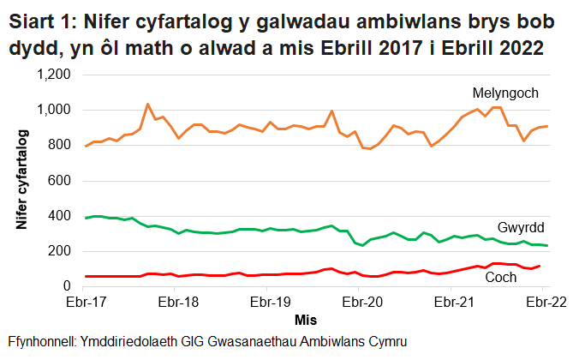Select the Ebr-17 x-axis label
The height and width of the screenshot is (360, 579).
pos(86,302)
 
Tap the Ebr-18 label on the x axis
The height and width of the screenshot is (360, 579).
pos(177,302)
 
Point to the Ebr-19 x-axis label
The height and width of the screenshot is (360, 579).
pos(268,302)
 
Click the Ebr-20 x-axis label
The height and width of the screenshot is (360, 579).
pos(360,302)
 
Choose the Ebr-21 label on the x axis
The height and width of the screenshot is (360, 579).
pos(451,302)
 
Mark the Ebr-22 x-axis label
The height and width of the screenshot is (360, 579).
pos(542,302)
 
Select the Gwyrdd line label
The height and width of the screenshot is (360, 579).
pos(522,228)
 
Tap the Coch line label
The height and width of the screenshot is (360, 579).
pos(500,278)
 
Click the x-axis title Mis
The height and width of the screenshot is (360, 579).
pos(306,319)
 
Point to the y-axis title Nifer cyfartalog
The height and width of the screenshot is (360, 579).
pos(21,180)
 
